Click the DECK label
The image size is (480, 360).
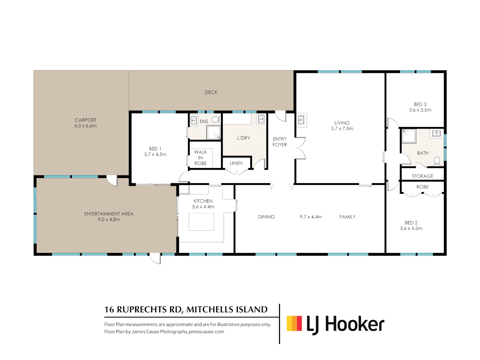coord(211,92)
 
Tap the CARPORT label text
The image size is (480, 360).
coord(86,120)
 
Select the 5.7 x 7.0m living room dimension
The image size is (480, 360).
coord(342,129)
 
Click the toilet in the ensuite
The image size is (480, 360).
coord(216,119)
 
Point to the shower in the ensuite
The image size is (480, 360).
coord(213,132)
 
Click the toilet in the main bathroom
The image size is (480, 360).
coord(437,161)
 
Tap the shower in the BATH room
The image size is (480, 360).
coord(409,136)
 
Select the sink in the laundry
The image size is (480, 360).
coord(261,119)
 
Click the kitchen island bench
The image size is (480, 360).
coord(201,222)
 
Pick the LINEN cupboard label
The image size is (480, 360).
coord(236,163)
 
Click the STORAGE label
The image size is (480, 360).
coord(422,176)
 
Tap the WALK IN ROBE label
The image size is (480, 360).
coord(200,158)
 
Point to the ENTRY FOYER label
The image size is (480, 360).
coord(280,142)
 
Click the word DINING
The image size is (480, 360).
coord(266,217)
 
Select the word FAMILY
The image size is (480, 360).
coord(347,217)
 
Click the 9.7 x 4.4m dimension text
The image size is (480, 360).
coord(311,217)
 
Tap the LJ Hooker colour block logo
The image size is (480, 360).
coord(294,323)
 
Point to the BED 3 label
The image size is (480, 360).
coord(420,104)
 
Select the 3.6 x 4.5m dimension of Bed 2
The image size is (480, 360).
coord(411,228)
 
